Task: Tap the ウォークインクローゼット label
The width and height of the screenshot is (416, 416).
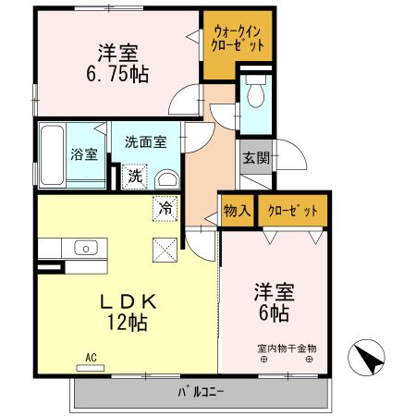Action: [238, 38]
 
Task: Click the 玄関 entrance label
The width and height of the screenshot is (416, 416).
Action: [256, 158]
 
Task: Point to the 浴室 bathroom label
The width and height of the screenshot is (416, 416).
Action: [84, 154]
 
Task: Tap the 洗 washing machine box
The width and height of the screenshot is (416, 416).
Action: [135, 176]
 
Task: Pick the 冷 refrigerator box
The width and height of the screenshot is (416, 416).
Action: [165, 209]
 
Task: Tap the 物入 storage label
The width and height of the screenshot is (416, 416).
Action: [238, 211]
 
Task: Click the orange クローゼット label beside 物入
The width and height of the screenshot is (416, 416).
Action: [292, 211]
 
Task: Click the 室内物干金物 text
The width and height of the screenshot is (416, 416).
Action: [287, 349]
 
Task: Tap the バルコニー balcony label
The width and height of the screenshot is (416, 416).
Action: [202, 393]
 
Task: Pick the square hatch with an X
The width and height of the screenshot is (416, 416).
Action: [165, 249]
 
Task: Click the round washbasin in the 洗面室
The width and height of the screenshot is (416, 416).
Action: [166, 178]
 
